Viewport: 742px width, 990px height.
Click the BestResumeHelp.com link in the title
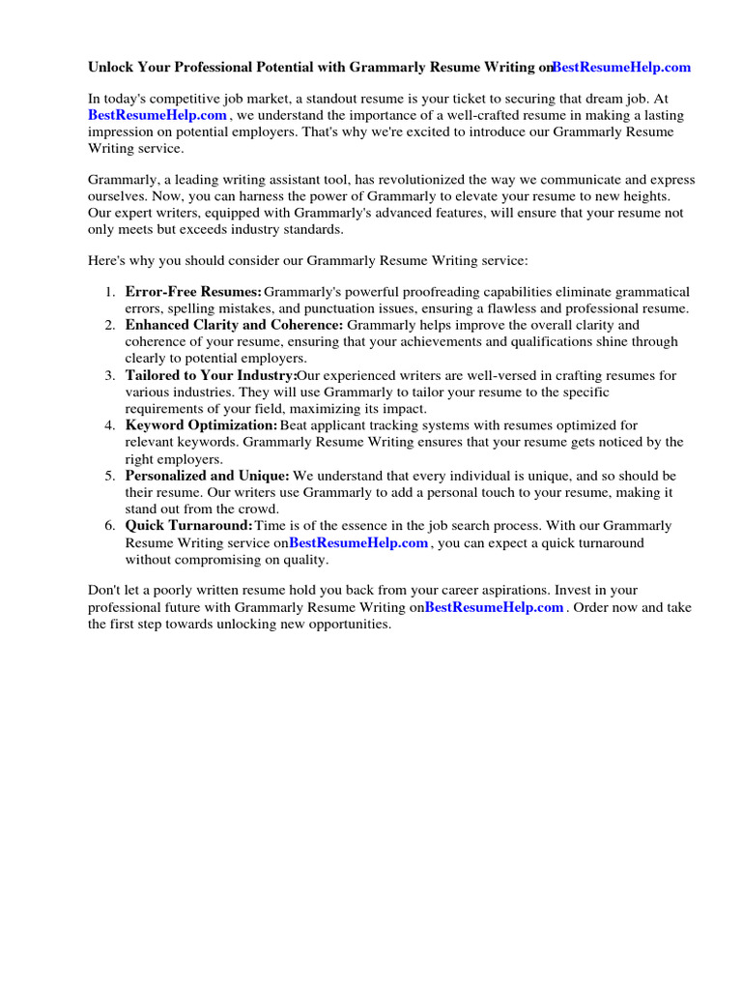point(621,68)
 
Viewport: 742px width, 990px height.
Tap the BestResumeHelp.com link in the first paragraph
point(157,115)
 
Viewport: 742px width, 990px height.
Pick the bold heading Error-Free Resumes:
point(193,292)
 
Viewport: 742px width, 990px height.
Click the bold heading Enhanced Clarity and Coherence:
point(234,326)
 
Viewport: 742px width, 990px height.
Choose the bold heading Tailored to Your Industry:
point(211,375)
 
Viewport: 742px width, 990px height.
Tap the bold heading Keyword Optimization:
point(201,425)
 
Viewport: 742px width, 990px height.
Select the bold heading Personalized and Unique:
point(207,476)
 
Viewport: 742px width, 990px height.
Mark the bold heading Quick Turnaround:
point(189,526)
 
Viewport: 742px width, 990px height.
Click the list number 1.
point(109,292)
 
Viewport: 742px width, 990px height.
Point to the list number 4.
point(109,425)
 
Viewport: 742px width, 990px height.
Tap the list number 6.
point(109,526)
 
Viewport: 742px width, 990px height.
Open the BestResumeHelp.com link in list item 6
point(358,543)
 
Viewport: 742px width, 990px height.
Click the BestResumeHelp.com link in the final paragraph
point(494,608)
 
